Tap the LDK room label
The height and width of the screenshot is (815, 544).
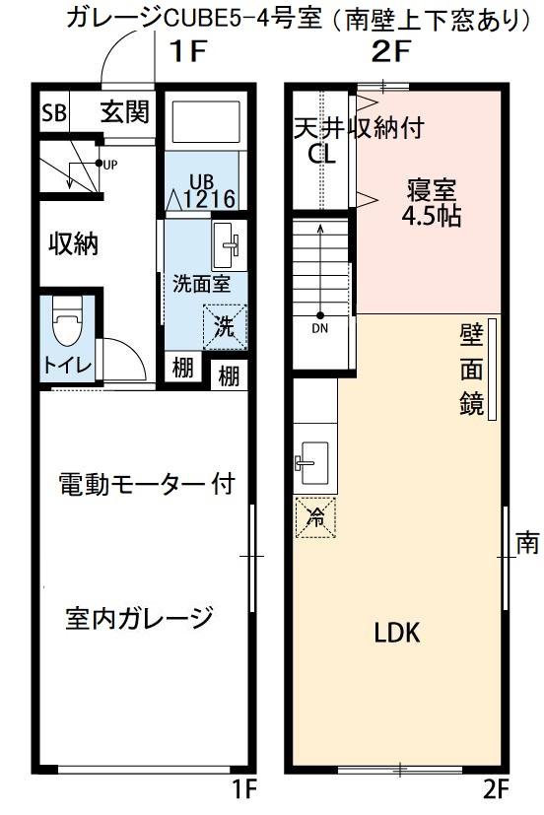(396, 633)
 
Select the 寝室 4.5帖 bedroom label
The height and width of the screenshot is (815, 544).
(431, 202)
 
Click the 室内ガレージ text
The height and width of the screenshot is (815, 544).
(139, 619)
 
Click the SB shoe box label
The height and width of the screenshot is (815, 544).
(53, 112)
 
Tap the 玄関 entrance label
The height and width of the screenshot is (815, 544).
(124, 111)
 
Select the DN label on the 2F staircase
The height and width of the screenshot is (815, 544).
(320, 328)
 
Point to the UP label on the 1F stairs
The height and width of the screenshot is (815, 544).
(109, 165)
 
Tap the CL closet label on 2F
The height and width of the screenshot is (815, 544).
(321, 155)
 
